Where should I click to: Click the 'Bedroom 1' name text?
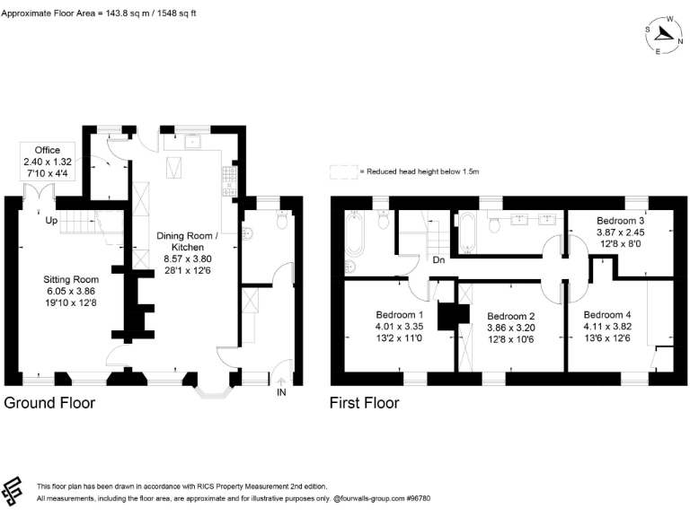pos(400,315)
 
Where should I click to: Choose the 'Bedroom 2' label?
pos(511,317)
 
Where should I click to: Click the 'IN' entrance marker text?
pos(281,393)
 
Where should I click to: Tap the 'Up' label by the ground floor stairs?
pos(51,220)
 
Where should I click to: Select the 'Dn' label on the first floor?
pos(439,259)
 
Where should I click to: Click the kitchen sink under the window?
pos(190,141)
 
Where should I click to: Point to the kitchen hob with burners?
pos(229,180)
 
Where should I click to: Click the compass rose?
pos(664,34)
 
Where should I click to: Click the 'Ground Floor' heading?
pos(49,403)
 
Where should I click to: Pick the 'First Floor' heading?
pos(364,403)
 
